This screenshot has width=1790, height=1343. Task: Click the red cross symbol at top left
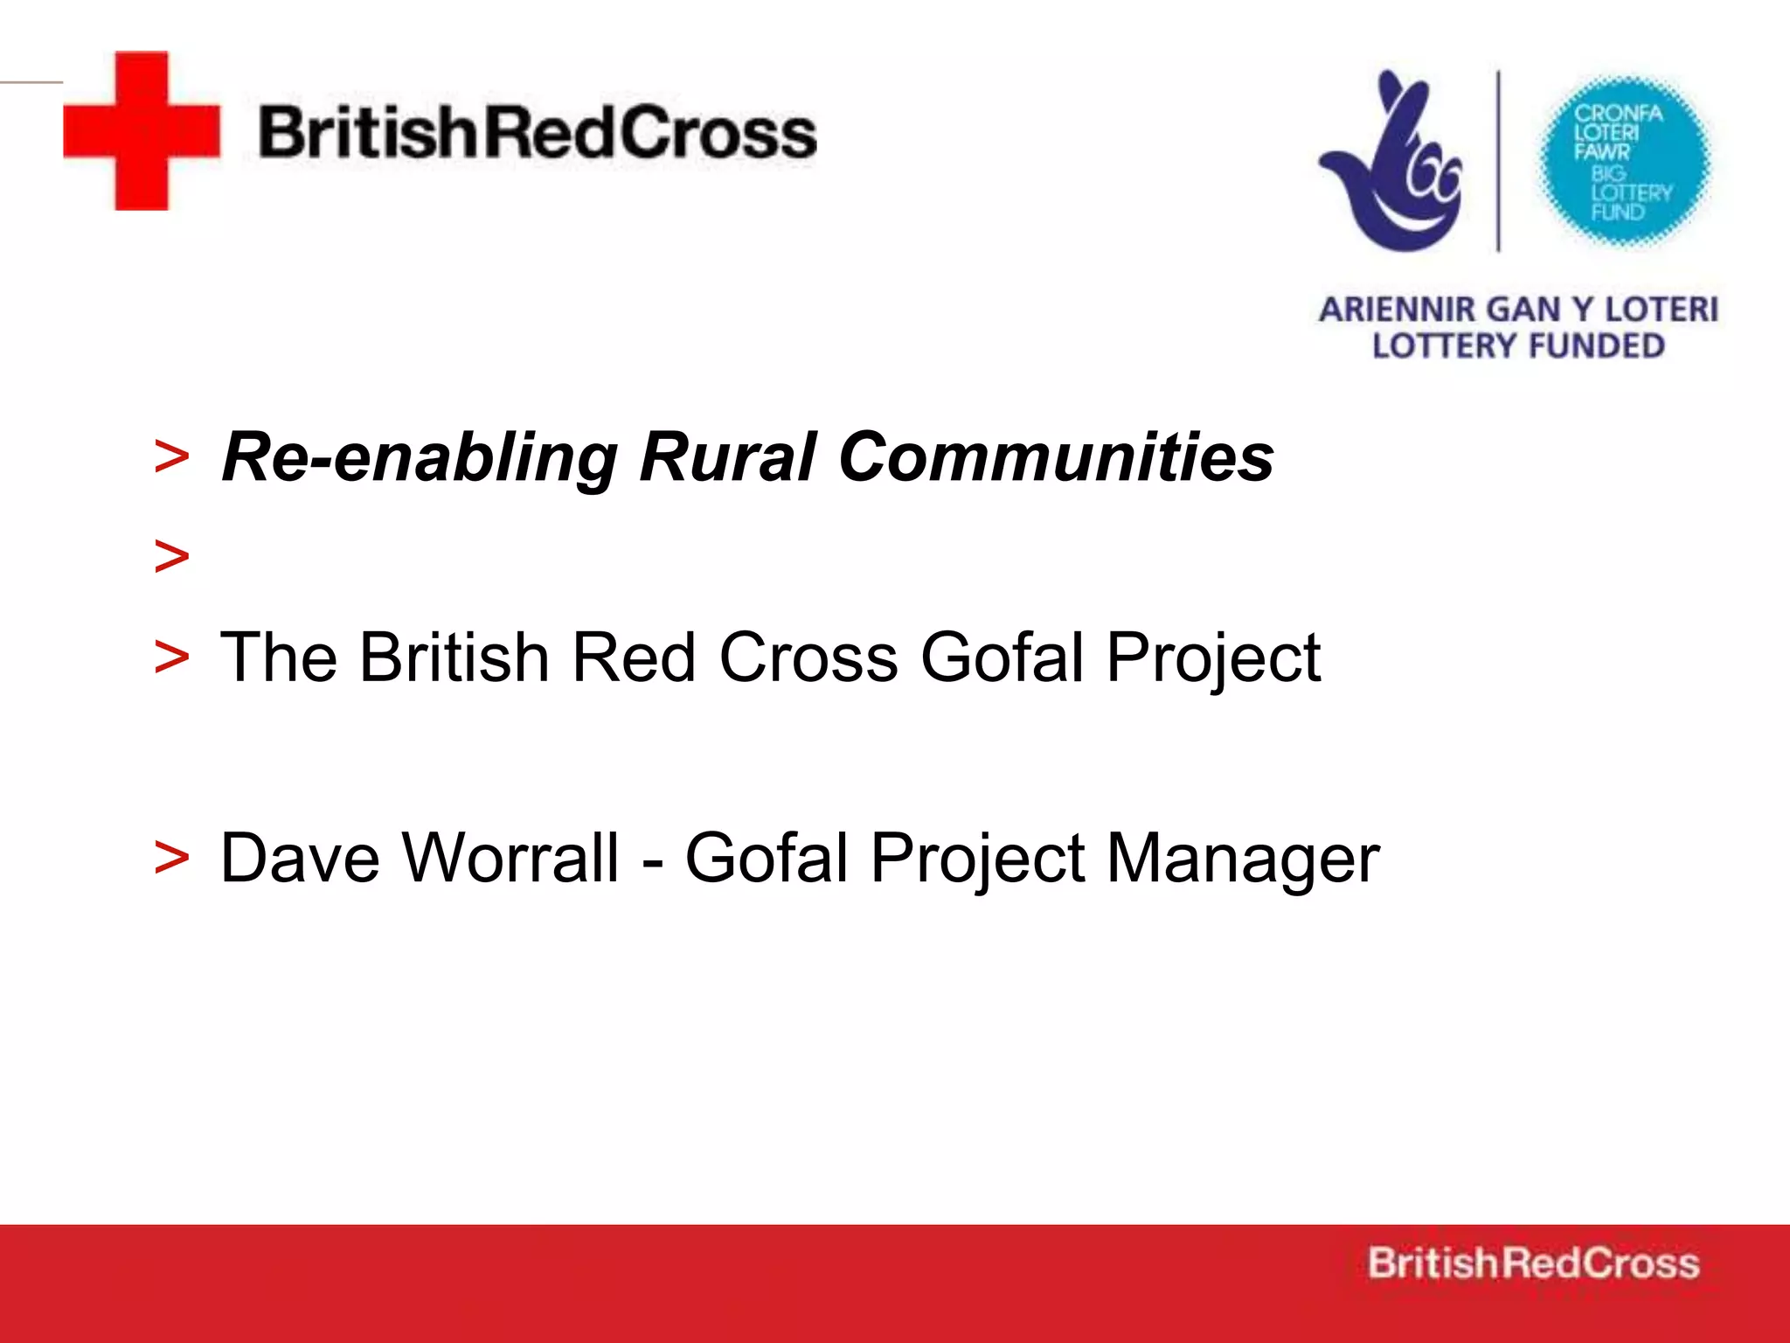pos(142,131)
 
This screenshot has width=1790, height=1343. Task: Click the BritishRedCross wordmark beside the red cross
pos(537,133)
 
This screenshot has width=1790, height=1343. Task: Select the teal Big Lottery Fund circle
pos(1624,162)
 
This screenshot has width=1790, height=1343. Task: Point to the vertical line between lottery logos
pos(1500,162)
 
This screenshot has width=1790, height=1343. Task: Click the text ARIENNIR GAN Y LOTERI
pos(1518,310)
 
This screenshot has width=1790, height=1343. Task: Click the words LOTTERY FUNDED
pos(1518,346)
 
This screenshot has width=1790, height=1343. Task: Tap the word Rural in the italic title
pos(727,457)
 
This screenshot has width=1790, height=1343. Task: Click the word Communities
pos(1056,457)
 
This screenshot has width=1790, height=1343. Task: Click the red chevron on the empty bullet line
pos(171,557)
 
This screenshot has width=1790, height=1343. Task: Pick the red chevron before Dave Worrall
pos(171,857)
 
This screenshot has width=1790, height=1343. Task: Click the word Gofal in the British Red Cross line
pos(1002,658)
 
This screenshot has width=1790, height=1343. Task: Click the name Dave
pos(300,859)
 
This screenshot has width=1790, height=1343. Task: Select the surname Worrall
pos(511,859)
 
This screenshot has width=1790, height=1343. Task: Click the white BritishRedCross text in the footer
pos(1533,1263)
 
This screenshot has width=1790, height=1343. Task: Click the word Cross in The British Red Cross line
pos(808,658)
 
